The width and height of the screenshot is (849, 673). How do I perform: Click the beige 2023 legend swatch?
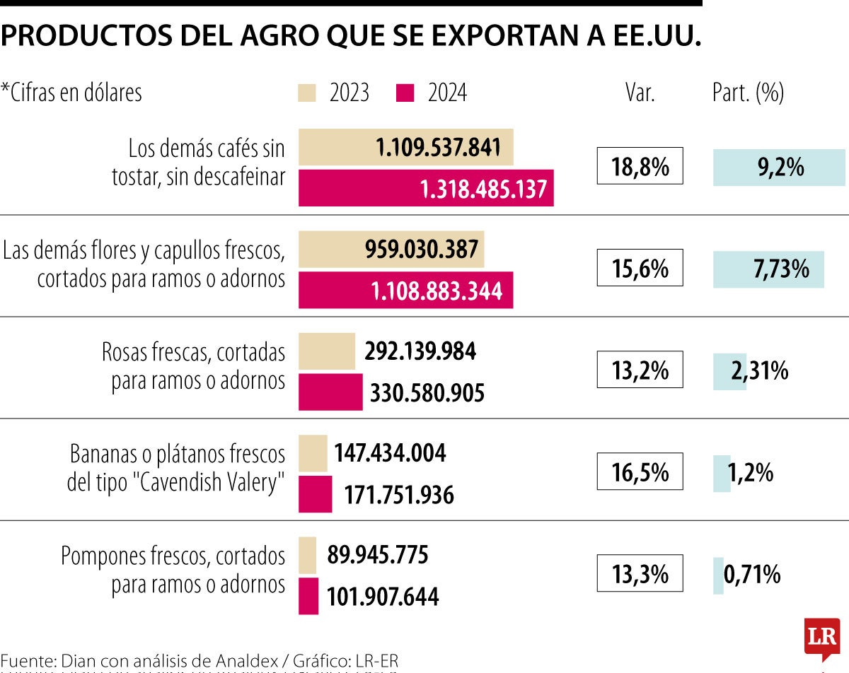pyautogui.click(x=308, y=93)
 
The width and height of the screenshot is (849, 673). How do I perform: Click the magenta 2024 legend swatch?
pyautogui.click(x=405, y=93)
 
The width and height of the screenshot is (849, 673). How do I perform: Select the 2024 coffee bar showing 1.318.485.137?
pyautogui.click(x=426, y=189)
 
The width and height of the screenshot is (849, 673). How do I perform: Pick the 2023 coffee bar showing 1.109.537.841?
pyautogui.click(x=405, y=148)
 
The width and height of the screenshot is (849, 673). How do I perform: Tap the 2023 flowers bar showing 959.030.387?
pyautogui.click(x=391, y=250)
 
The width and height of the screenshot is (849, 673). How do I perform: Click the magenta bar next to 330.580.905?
pyautogui.click(x=330, y=392)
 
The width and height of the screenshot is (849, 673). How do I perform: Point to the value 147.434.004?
pyautogui.click(x=390, y=453)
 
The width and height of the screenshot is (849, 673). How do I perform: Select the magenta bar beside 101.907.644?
pyautogui.click(x=308, y=596)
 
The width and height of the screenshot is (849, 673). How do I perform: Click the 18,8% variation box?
pyautogui.click(x=640, y=166)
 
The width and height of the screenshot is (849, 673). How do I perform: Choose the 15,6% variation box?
pyautogui.click(x=640, y=268)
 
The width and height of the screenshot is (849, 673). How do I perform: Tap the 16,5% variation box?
pyautogui.click(x=640, y=472)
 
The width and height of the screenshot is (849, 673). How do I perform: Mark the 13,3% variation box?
pyautogui.click(x=640, y=573)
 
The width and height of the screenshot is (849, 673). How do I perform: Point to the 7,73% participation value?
pyautogui.click(x=782, y=269)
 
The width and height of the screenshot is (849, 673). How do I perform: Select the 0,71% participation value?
pyautogui.click(x=751, y=574)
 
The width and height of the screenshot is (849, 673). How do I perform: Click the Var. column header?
pyautogui.click(x=640, y=93)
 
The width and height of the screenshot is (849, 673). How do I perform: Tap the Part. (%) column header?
pyautogui.click(x=748, y=93)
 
